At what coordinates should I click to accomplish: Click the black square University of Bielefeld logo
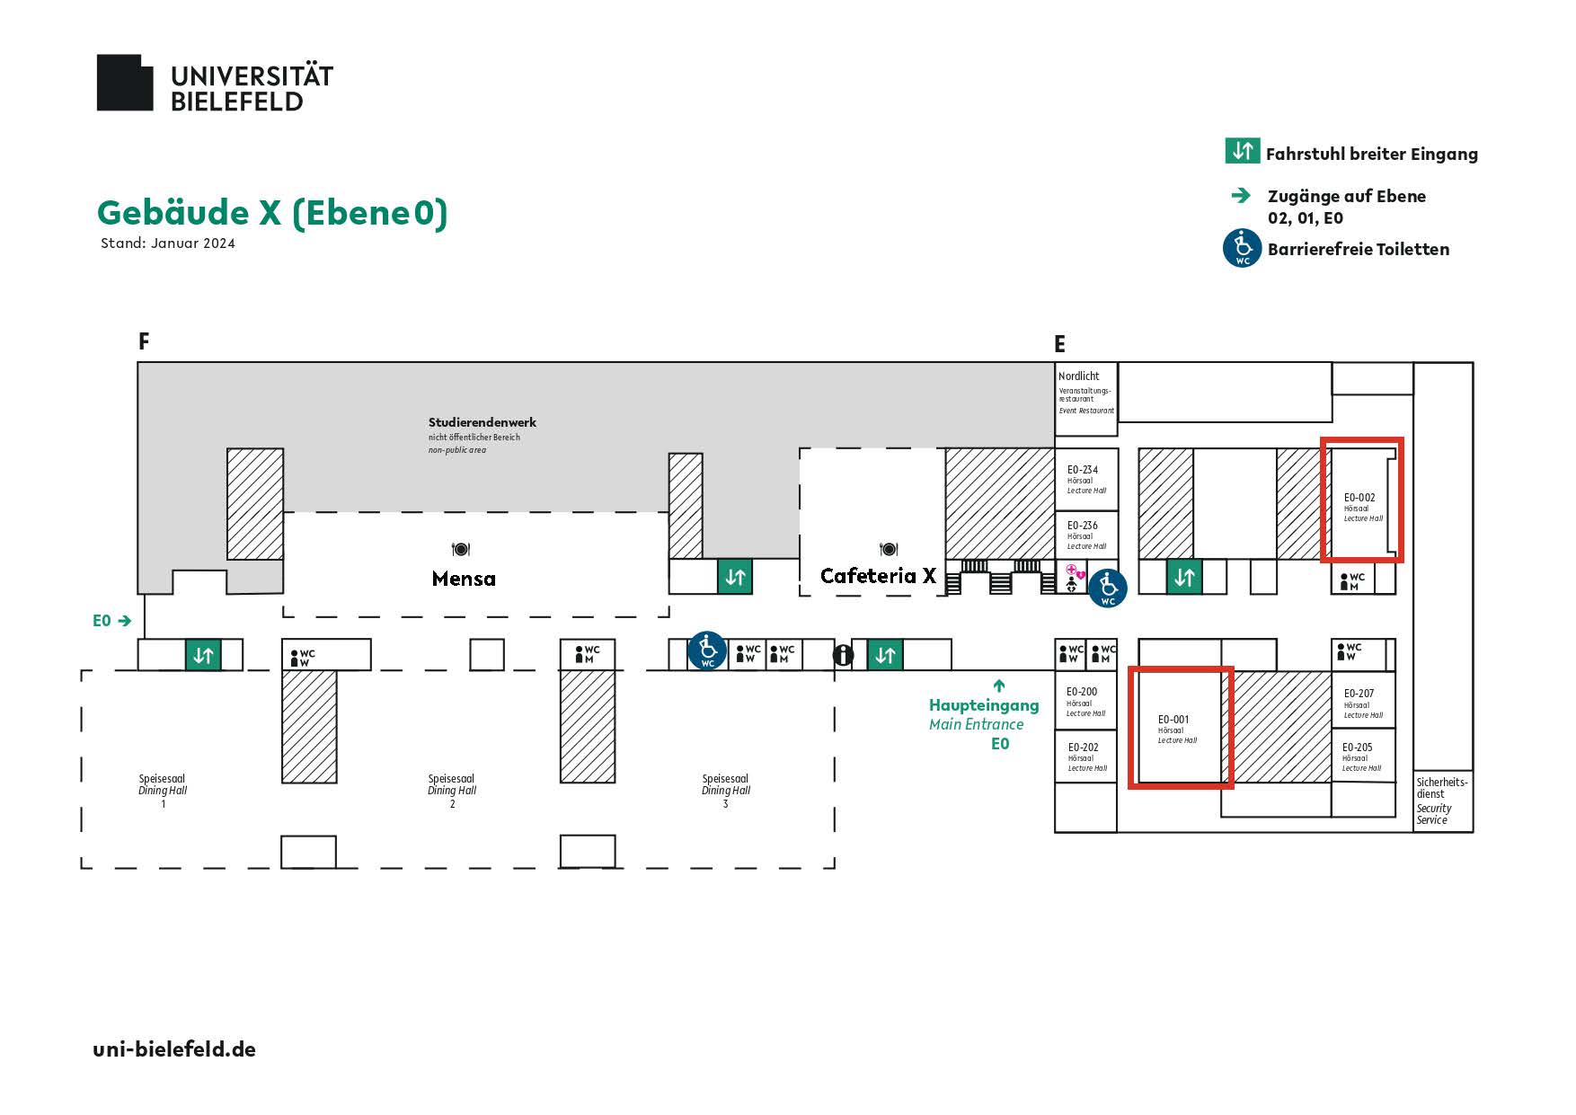tap(125, 83)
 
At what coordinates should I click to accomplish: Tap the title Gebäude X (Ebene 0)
tap(272, 213)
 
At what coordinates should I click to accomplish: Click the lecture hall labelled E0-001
tap(1180, 728)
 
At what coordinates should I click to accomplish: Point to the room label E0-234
tap(1083, 470)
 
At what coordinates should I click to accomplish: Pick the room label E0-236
tap(1083, 526)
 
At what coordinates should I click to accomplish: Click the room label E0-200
tap(1082, 693)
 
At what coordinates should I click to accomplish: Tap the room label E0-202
tap(1083, 748)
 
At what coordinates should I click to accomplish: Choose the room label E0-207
tap(1359, 694)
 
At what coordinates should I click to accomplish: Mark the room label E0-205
tap(1357, 748)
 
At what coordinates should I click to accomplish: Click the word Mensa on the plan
tap(464, 579)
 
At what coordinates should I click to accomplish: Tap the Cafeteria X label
tap(878, 576)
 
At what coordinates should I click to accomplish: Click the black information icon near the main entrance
tap(843, 655)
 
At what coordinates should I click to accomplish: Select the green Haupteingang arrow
tap(999, 686)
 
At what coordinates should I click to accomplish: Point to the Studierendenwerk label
tap(483, 422)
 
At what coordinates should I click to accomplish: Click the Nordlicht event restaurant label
tap(1079, 376)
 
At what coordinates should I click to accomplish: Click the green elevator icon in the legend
tap(1242, 151)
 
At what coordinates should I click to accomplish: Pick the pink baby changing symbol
tap(1075, 571)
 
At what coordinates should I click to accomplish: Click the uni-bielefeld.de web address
tap(174, 1049)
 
